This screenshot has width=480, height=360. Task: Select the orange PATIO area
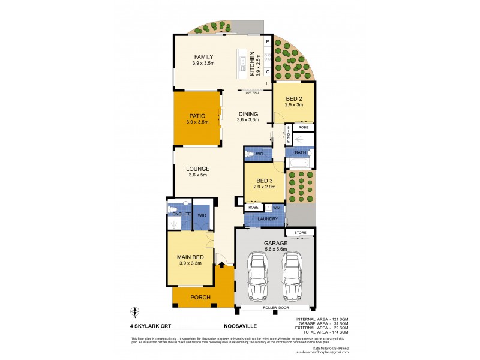197,119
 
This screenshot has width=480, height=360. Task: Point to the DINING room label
248,114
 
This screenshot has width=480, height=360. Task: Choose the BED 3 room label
264,181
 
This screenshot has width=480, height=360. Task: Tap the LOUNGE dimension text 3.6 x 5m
197,175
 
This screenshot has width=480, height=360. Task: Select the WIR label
202,213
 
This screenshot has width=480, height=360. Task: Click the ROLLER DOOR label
275,308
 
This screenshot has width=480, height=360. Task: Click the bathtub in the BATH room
298,163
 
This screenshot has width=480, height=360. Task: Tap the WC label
260,154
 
